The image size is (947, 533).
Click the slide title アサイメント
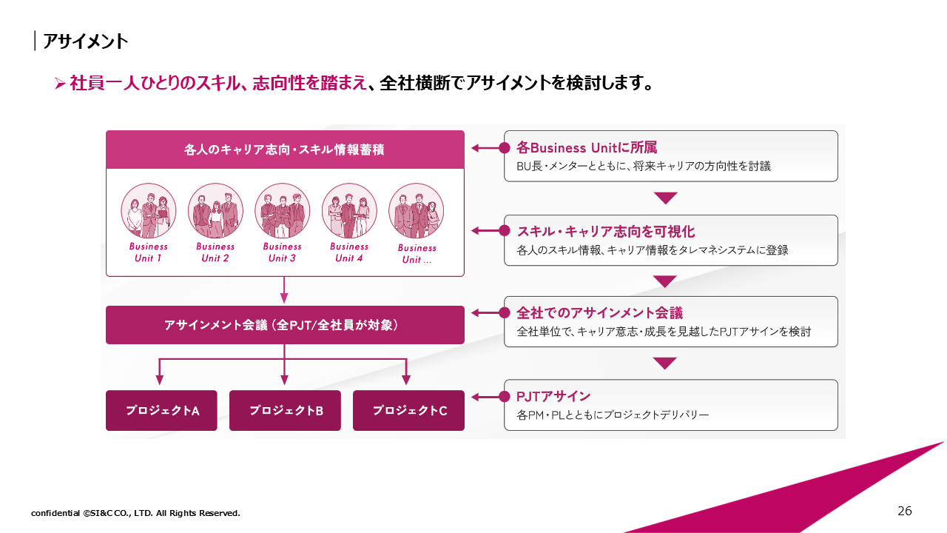click(85, 41)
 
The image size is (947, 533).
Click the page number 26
click(904, 511)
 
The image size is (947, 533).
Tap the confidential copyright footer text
click(135, 513)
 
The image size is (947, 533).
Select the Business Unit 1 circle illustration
click(149, 211)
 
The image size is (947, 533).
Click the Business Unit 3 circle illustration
click(283, 211)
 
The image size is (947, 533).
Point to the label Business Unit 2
click(215, 252)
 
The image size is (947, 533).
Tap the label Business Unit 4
click(349, 252)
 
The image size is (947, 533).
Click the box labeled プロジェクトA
click(161, 410)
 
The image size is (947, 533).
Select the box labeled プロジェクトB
click(285, 410)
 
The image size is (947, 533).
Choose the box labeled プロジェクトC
click(408, 410)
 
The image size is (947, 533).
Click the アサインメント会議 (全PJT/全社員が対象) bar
click(285, 325)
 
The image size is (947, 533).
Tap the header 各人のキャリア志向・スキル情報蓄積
click(285, 150)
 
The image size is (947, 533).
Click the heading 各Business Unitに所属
click(576, 147)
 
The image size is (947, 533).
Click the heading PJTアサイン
click(553, 396)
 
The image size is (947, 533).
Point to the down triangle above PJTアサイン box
click(666, 363)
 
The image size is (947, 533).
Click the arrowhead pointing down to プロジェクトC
click(405, 381)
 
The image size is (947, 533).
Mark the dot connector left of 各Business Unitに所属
click(505, 148)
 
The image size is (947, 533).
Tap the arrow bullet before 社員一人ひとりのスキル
click(61, 84)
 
